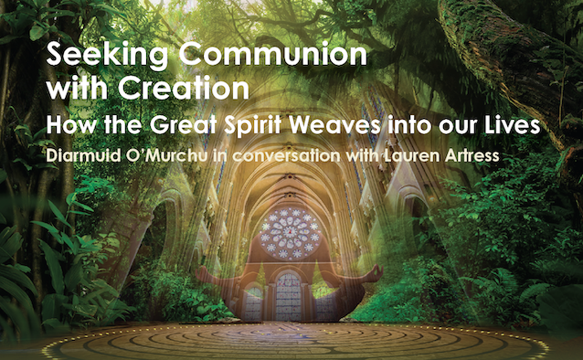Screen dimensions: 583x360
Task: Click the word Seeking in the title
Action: pyautogui.click(x=107, y=56)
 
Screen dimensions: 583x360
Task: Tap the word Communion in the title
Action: pyautogui.click(x=273, y=53)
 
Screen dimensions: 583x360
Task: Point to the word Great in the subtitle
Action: pyautogui.click(x=184, y=124)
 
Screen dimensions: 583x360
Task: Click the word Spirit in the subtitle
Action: pyautogui.click(x=253, y=125)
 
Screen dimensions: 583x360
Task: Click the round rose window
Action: pyautogui.click(x=290, y=234)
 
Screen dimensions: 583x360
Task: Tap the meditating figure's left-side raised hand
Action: pyautogui.click(x=203, y=273)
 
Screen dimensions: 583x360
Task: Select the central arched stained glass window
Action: pyautogui.click(x=288, y=297)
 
